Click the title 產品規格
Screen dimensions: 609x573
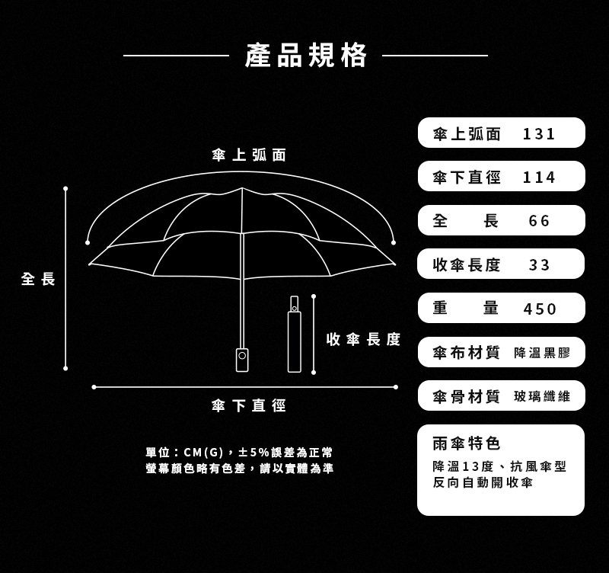point(306,55)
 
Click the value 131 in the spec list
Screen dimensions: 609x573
point(539,134)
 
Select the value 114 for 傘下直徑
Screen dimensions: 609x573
point(539,178)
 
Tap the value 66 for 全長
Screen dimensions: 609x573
point(539,221)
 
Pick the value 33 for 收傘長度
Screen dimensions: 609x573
point(539,265)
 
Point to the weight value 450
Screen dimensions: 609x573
point(540,309)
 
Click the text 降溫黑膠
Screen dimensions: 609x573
point(542,353)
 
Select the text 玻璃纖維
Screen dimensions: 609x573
point(542,396)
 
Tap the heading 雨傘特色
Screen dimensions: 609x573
point(467,443)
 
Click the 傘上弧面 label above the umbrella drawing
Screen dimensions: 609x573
point(249,155)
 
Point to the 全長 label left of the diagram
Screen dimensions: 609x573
point(38,279)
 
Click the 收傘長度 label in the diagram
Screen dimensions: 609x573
point(363,339)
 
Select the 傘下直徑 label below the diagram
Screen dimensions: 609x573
point(249,405)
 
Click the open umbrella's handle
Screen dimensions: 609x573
point(242,360)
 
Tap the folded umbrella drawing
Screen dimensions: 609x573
point(295,334)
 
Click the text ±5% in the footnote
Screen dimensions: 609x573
point(254,453)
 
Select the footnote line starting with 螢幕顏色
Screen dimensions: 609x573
point(239,469)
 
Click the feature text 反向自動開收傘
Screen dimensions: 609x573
point(483,482)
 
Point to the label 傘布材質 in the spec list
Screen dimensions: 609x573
point(466,353)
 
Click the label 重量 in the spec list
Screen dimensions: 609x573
point(466,309)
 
